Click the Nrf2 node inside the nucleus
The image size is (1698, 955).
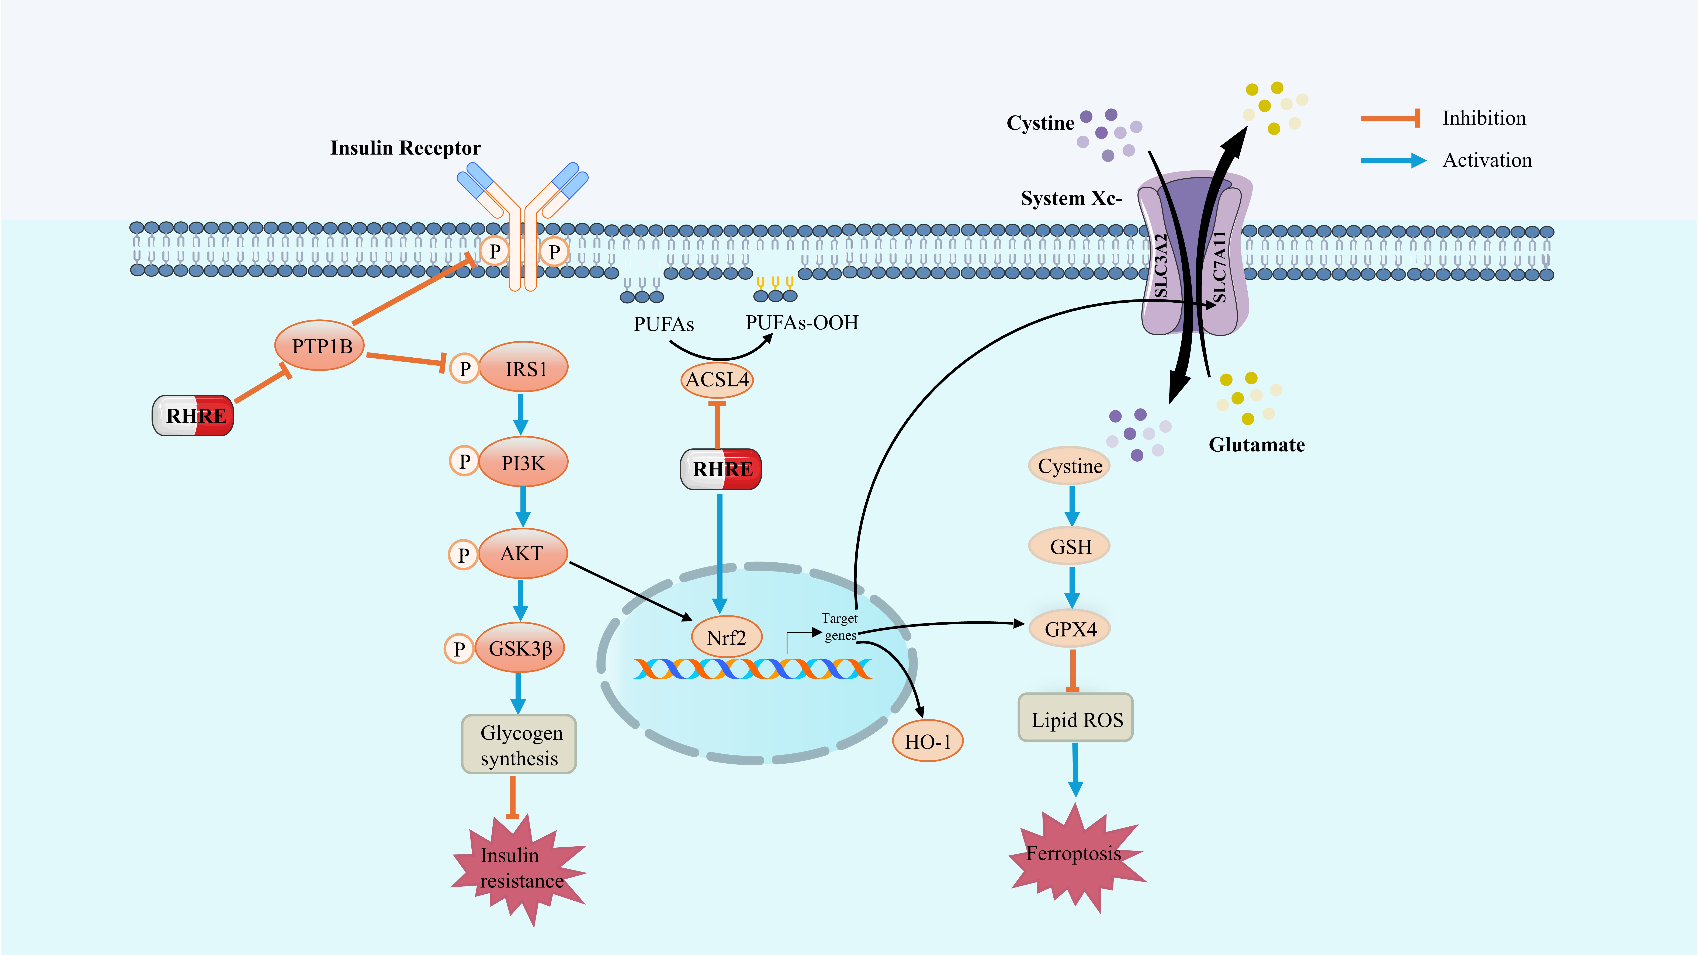point(726,637)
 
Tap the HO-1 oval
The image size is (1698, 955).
point(928,742)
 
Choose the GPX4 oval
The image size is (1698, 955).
point(1070,629)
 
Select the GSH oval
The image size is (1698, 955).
point(1070,546)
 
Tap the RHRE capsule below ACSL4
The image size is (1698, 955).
point(721,469)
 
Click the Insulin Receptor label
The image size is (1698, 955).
point(405,148)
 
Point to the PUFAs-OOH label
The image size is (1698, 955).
point(801,323)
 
